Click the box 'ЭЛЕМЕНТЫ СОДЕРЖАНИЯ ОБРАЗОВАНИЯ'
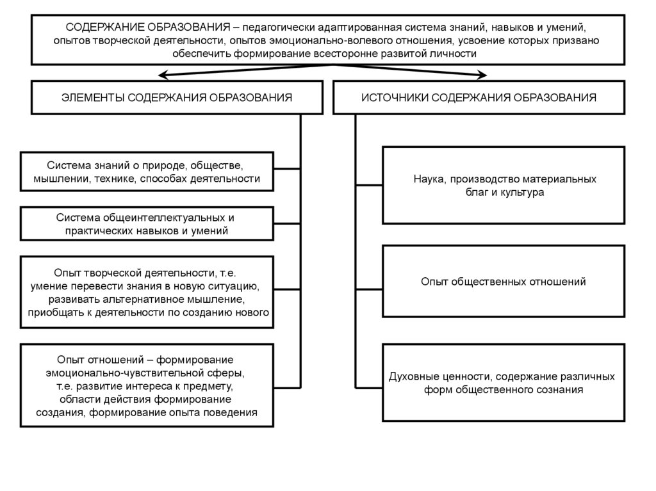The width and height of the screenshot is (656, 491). pyautogui.click(x=177, y=97)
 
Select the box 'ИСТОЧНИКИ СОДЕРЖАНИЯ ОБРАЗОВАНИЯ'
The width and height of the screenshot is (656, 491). pyautogui.click(x=479, y=97)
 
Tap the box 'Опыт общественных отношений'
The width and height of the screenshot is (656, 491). pyautogui.click(x=504, y=281)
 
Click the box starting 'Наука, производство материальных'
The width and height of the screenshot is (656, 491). pyautogui.click(x=504, y=185)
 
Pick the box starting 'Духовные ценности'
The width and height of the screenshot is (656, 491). pyautogui.click(x=504, y=382)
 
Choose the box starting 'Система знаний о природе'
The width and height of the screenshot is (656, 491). pyautogui.click(x=147, y=172)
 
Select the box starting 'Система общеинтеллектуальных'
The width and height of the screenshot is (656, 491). pyautogui.click(x=147, y=224)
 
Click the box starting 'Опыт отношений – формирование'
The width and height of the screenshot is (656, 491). pyautogui.click(x=147, y=385)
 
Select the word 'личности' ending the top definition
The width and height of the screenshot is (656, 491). pyautogui.click(x=457, y=54)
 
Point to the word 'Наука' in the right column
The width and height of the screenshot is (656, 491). pyautogui.click(x=427, y=179)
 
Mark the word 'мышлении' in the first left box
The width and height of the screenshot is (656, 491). pyautogui.click(x=60, y=179)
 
